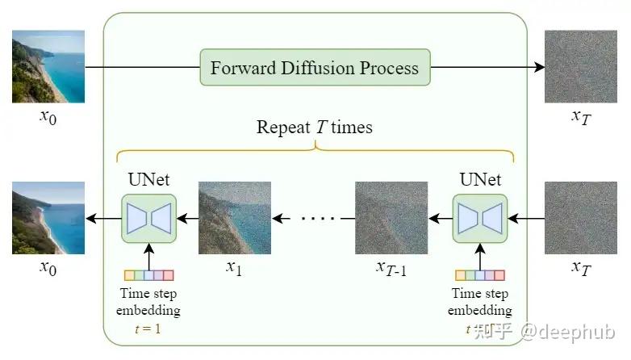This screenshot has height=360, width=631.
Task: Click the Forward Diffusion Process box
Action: [315, 67]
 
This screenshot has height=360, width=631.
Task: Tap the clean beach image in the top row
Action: [48, 66]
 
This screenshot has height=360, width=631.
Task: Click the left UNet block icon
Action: [148, 217]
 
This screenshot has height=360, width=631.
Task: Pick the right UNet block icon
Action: [480, 217]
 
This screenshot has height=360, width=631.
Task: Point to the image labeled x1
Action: [234, 217]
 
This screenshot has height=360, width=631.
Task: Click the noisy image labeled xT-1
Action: [391, 217]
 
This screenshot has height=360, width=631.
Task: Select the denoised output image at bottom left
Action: [48, 217]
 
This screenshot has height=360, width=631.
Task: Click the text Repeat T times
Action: [315, 127]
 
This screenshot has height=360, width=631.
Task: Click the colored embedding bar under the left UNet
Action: [148, 275]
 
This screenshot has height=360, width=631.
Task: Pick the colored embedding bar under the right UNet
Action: [480, 275]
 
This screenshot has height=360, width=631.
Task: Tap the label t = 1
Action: [148, 328]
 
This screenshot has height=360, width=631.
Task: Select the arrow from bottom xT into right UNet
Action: [526, 218]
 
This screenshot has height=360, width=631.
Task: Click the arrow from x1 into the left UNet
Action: [187, 218]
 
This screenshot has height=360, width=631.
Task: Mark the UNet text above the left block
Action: [148, 179]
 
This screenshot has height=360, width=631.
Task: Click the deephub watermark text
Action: [568, 332]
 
